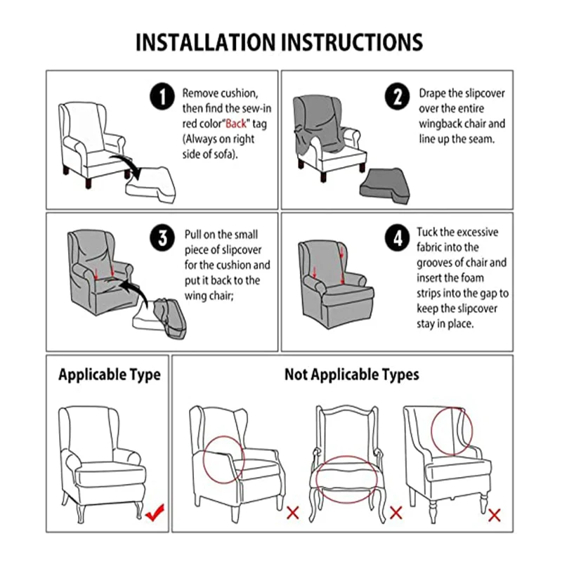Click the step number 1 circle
click(x=162, y=96)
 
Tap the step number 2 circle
click(x=397, y=96)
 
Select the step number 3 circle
click(x=162, y=238)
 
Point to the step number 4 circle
click(x=397, y=238)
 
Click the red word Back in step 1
click(x=236, y=124)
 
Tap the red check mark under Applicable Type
click(x=155, y=512)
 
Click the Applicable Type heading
click(x=110, y=375)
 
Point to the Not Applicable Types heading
click(x=352, y=375)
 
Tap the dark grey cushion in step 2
click(x=385, y=186)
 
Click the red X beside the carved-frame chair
click(x=396, y=513)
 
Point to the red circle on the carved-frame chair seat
click(x=346, y=456)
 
